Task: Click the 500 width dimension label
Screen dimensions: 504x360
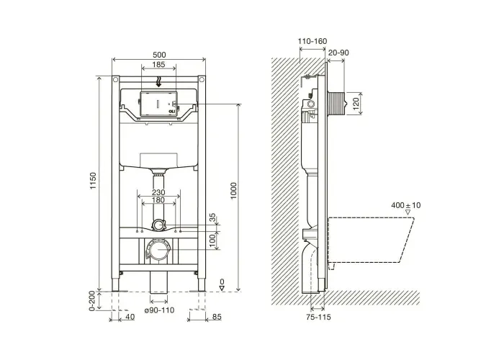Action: click(159, 55)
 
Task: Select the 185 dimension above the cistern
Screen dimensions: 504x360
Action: click(158, 65)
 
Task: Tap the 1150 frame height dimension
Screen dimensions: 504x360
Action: click(93, 181)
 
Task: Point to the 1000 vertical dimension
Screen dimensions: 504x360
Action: click(233, 191)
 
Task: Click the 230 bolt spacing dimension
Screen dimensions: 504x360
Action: click(158, 192)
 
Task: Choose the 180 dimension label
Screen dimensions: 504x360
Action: click(158, 200)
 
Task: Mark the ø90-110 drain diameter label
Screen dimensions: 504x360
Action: click(159, 310)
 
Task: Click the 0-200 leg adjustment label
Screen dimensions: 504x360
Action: click(92, 301)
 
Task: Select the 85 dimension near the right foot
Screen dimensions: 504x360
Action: click(217, 317)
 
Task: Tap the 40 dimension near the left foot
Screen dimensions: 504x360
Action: click(130, 317)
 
